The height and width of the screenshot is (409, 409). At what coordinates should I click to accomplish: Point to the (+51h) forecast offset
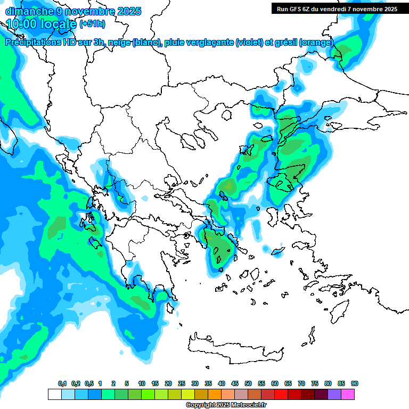[x=92, y=24]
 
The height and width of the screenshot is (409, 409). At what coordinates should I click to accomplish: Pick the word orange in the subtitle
[x=318, y=43]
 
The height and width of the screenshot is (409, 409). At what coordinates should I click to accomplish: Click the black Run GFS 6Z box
[x=336, y=9]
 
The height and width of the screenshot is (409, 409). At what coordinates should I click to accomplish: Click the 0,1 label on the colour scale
[x=62, y=383]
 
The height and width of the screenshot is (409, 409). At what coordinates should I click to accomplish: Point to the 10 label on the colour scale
[x=142, y=383]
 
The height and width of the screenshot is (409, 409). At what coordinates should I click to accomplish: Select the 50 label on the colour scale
[x=248, y=383]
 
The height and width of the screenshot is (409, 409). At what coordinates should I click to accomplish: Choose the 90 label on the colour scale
[x=355, y=383]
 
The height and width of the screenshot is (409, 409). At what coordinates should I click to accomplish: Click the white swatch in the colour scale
[x=55, y=394]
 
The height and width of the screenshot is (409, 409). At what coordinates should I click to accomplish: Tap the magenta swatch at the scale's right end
[x=348, y=394]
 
